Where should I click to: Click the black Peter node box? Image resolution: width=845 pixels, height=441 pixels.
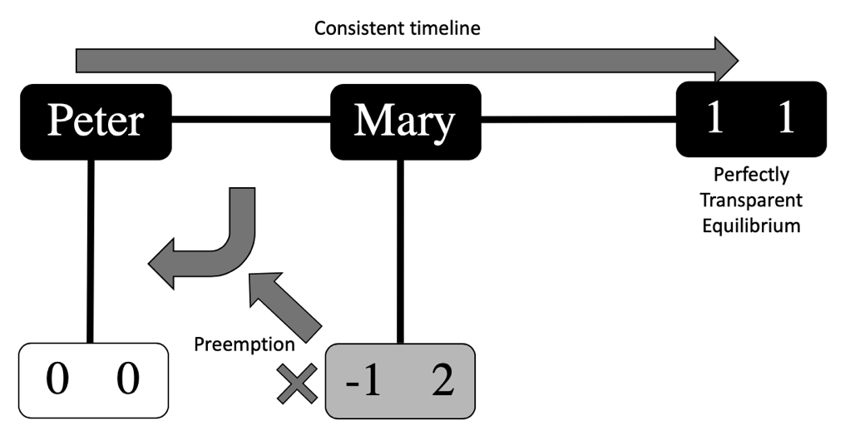96,121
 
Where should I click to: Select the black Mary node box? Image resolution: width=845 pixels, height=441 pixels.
405,121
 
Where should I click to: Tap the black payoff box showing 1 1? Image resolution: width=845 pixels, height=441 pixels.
750,119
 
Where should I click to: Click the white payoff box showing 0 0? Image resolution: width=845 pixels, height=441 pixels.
93,381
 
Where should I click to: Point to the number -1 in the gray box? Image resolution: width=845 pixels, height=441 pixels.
362,381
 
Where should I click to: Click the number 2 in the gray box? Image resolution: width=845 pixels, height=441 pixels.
442,381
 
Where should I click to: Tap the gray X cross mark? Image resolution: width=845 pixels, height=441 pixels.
296,384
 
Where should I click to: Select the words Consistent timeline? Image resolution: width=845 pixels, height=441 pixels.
398,28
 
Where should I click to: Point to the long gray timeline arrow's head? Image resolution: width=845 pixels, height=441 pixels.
725,60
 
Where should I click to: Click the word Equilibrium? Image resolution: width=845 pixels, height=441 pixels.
751,225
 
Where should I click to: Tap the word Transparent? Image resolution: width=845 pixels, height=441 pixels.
751,201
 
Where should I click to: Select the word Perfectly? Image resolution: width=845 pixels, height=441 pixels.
751,176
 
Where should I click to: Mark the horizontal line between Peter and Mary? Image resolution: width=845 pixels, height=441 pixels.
250,121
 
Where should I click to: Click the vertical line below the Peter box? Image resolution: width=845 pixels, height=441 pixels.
91,250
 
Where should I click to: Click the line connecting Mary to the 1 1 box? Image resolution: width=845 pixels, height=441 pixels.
578,120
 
